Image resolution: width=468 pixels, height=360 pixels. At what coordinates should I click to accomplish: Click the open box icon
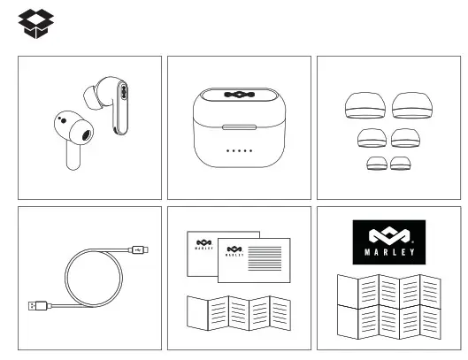[36, 23]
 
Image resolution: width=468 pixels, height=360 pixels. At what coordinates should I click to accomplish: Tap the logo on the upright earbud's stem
[122, 91]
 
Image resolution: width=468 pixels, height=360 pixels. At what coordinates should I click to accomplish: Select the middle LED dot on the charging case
[239, 150]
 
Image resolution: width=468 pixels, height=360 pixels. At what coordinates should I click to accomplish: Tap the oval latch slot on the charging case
[239, 125]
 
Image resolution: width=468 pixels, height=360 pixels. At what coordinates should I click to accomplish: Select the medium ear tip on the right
[405, 138]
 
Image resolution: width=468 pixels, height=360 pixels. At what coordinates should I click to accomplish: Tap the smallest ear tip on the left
[377, 165]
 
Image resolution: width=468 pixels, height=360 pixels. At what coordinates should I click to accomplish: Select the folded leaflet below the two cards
[239, 314]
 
